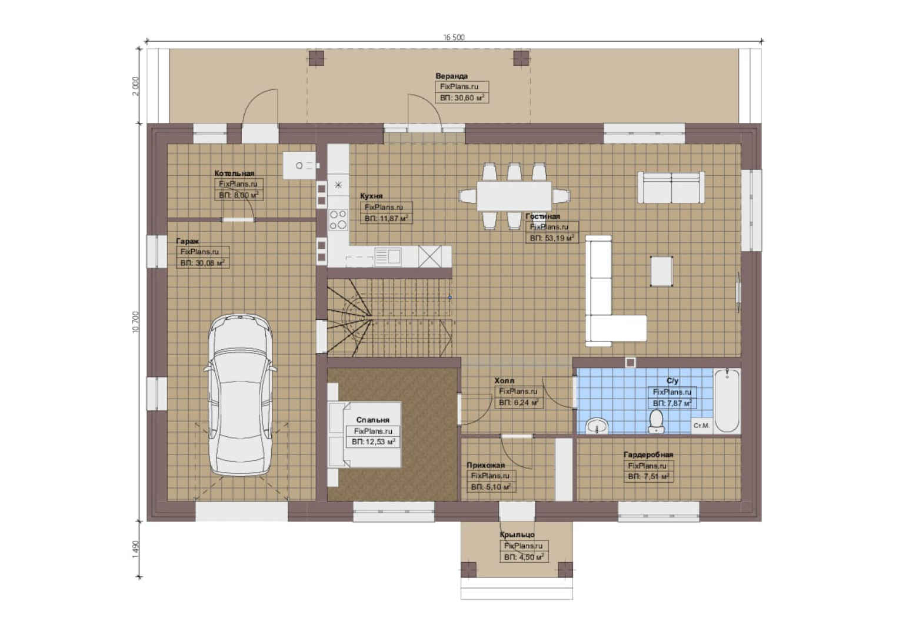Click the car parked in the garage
click(240, 395)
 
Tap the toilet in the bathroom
click(656, 421)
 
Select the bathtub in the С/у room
click(727, 400)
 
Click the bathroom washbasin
click(597, 426)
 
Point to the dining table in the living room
click(514, 196)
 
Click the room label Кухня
click(371, 196)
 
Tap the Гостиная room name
click(542, 216)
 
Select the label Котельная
click(234, 173)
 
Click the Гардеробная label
click(648, 454)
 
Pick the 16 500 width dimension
click(454, 37)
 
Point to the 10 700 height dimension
click(135, 321)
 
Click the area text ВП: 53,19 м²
click(552, 238)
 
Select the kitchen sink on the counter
click(388, 256)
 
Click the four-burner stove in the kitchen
click(338, 220)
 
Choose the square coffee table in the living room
click(661, 271)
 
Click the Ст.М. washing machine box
click(701, 425)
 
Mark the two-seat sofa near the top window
click(671, 188)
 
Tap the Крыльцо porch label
click(517, 534)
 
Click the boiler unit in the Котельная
click(299, 165)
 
